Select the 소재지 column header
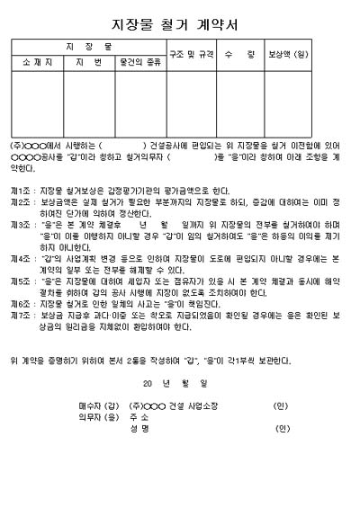click(37, 62)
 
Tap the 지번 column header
click(88, 62)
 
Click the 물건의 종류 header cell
click(139, 62)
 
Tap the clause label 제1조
click(22, 191)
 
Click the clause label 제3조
click(22, 222)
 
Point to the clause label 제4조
click(22, 258)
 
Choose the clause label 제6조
click(22, 304)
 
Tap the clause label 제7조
click(22, 315)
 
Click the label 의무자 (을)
click(99, 417)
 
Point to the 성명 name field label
click(139, 428)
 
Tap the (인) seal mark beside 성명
click(282, 428)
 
